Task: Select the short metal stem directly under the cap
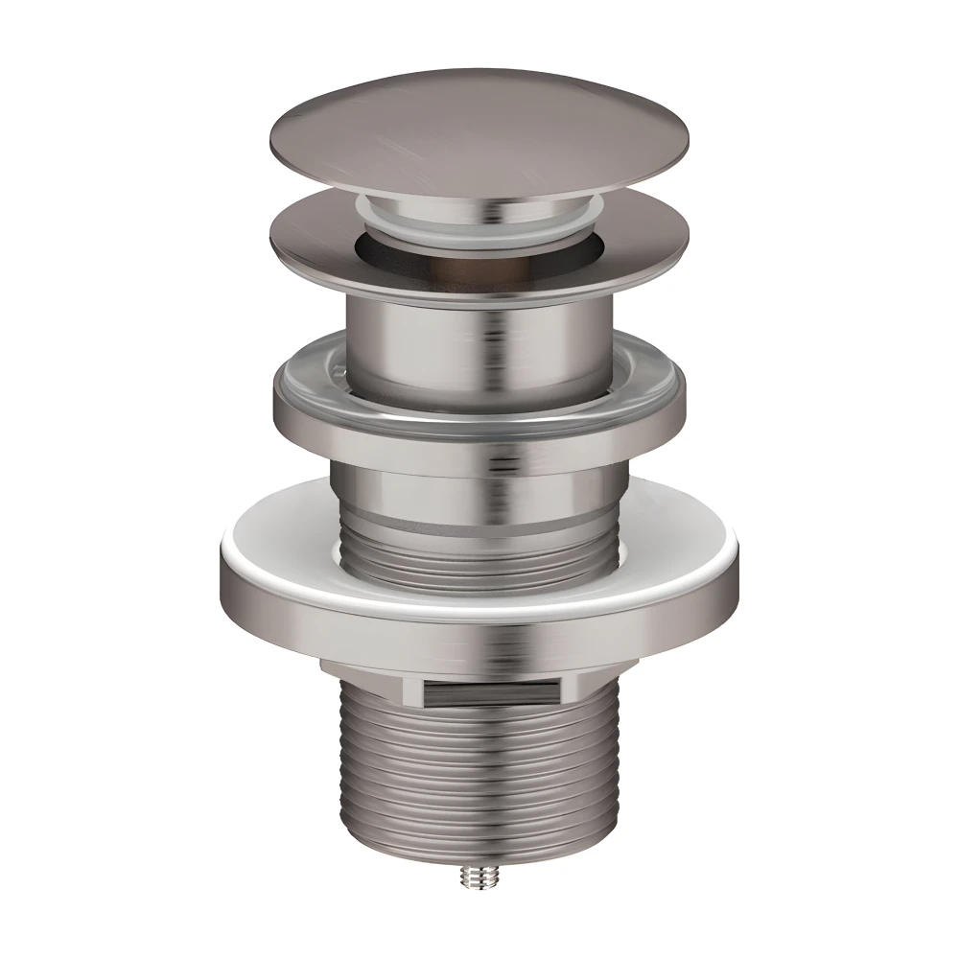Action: (x=479, y=203)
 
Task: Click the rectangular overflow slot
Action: (x=488, y=690)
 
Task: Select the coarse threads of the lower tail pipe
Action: (x=479, y=758)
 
